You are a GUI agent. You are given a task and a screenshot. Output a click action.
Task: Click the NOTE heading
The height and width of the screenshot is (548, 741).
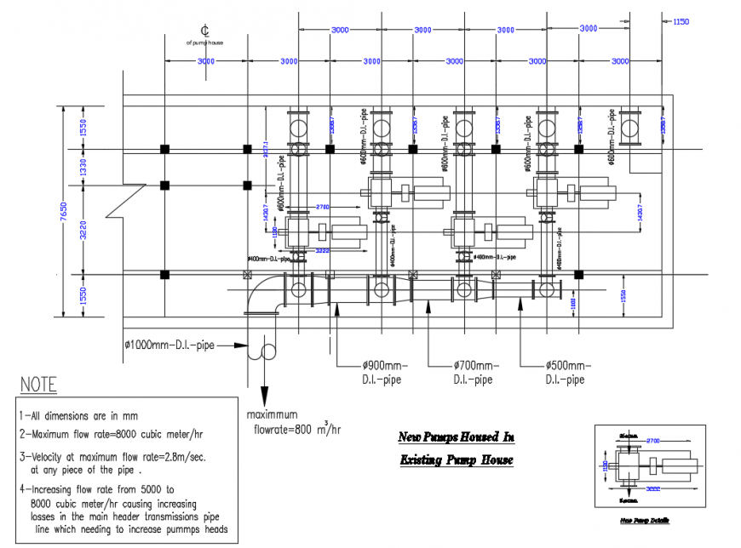point(37,385)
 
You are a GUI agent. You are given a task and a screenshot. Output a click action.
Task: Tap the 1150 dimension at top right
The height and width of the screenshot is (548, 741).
point(681,21)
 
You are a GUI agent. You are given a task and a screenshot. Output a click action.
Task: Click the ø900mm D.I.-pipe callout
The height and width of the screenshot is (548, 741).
point(382,373)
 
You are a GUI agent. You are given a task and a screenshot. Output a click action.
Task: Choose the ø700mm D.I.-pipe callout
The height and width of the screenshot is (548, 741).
point(472,373)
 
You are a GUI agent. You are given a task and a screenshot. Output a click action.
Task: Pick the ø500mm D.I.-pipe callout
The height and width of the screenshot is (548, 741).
point(564,373)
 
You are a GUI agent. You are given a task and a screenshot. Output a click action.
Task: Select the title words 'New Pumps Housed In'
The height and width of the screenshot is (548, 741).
point(457,438)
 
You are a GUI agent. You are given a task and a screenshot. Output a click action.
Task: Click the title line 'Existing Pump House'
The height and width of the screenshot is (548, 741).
point(457,460)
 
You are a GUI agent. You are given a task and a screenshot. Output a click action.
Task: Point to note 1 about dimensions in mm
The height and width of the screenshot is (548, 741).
point(78,417)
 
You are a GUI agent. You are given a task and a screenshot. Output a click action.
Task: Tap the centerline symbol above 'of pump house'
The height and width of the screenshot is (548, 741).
point(204,30)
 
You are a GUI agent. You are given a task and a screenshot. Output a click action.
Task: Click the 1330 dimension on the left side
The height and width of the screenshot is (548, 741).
point(84,168)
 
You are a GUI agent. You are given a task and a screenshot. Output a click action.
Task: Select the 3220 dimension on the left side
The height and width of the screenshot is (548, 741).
point(84,230)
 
